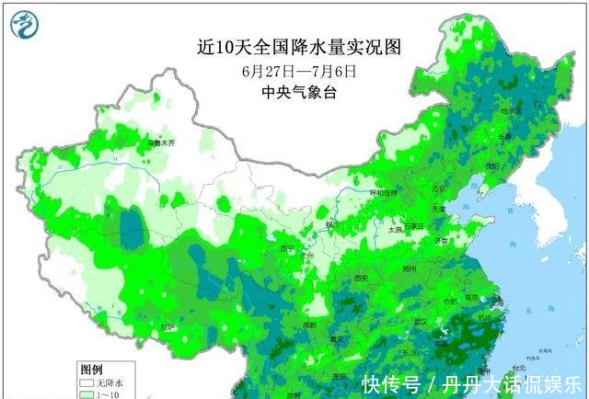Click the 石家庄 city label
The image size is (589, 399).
tap(412, 226)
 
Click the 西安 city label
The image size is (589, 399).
tap(360, 278)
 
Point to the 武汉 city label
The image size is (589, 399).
tap(422, 321)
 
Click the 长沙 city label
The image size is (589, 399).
tap(411, 350)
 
